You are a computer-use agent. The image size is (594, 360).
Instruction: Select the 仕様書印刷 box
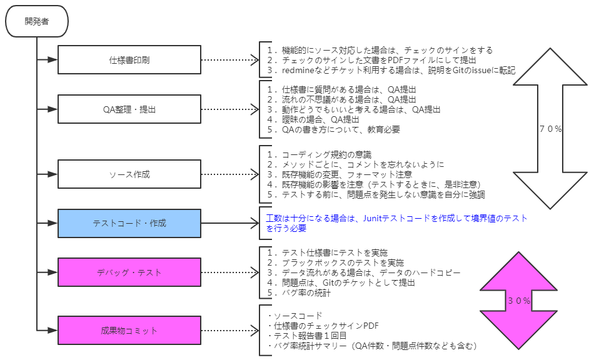129,60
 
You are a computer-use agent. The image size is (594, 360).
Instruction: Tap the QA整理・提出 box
129,109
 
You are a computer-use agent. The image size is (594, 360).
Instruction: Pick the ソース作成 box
129,174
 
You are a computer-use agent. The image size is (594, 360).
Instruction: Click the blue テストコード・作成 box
129,223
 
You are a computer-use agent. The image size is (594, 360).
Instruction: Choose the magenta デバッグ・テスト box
129,272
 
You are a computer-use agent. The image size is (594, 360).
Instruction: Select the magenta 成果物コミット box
129,330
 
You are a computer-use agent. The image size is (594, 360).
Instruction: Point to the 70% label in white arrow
550,129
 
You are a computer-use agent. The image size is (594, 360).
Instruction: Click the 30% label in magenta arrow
519,301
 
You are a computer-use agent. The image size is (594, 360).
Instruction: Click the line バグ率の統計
298,292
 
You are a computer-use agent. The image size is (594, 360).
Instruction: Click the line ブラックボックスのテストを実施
335,262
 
